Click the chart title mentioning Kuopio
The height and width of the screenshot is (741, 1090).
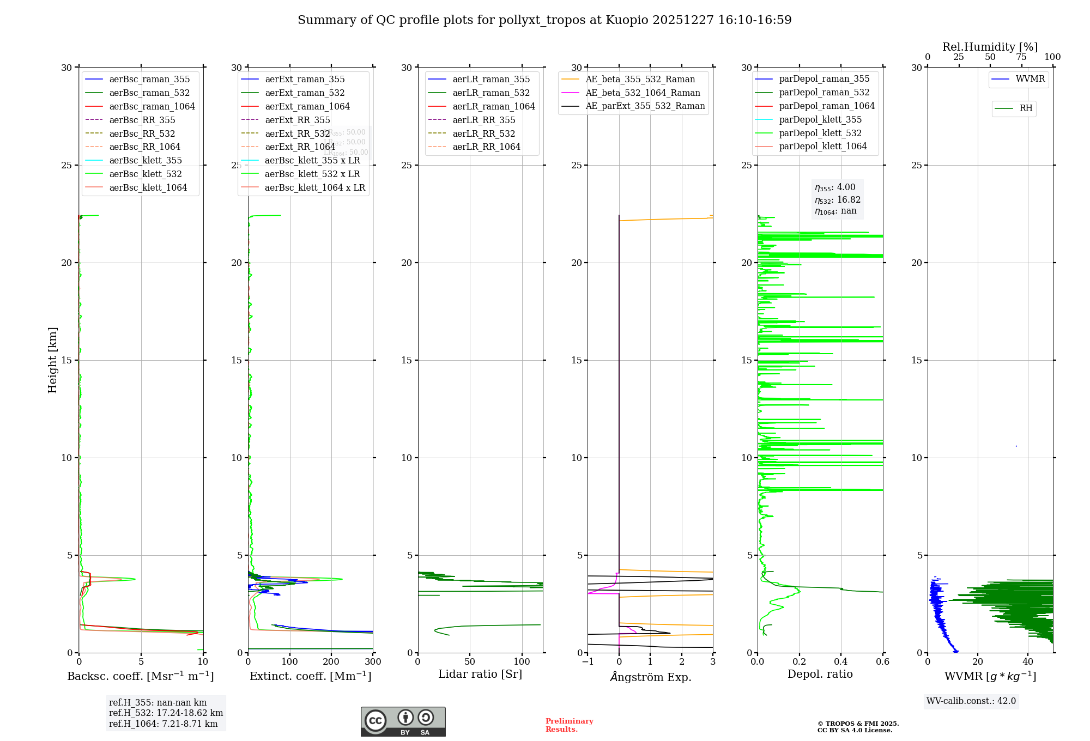[x=544, y=20]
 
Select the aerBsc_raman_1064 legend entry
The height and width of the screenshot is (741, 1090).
[x=152, y=106]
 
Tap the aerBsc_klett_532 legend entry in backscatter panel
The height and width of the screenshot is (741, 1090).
[x=145, y=174]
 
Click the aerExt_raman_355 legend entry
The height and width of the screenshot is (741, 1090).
[x=305, y=79]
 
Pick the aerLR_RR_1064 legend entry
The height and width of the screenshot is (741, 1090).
[x=486, y=147]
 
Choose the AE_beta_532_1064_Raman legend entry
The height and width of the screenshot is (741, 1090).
[x=643, y=93]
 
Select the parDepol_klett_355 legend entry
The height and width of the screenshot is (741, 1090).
[x=820, y=119]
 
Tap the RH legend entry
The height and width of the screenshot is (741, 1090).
[x=1026, y=108]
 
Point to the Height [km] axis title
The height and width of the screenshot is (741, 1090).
[x=52, y=360]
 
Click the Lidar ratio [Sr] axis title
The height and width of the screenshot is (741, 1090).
[x=480, y=674]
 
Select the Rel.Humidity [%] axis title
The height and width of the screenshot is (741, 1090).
[x=990, y=47]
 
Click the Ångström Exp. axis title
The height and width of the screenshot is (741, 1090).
[x=650, y=677]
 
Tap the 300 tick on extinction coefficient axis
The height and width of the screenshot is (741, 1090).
[x=373, y=662]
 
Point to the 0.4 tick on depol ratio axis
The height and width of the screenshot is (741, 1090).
[x=841, y=662]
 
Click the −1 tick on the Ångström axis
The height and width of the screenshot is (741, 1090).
[x=588, y=662]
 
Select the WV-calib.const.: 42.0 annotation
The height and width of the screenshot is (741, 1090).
[x=971, y=701]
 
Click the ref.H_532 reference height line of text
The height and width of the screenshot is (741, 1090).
[x=166, y=713]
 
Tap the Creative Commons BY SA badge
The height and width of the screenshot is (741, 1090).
[x=403, y=722]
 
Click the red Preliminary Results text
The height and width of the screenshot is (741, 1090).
[x=569, y=725]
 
